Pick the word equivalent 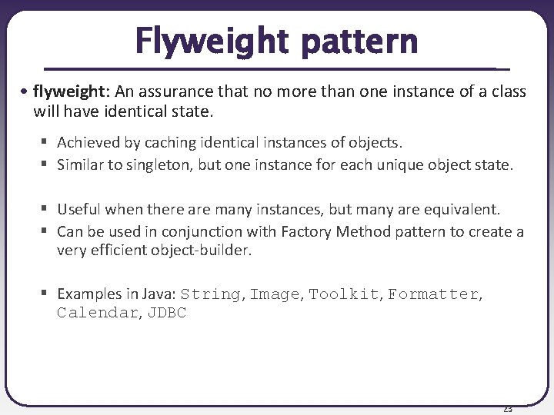[462, 209]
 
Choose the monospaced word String [211, 294]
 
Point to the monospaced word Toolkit [344, 294]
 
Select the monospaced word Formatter [432, 294]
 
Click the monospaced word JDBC [168, 313]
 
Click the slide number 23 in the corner [507, 408]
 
